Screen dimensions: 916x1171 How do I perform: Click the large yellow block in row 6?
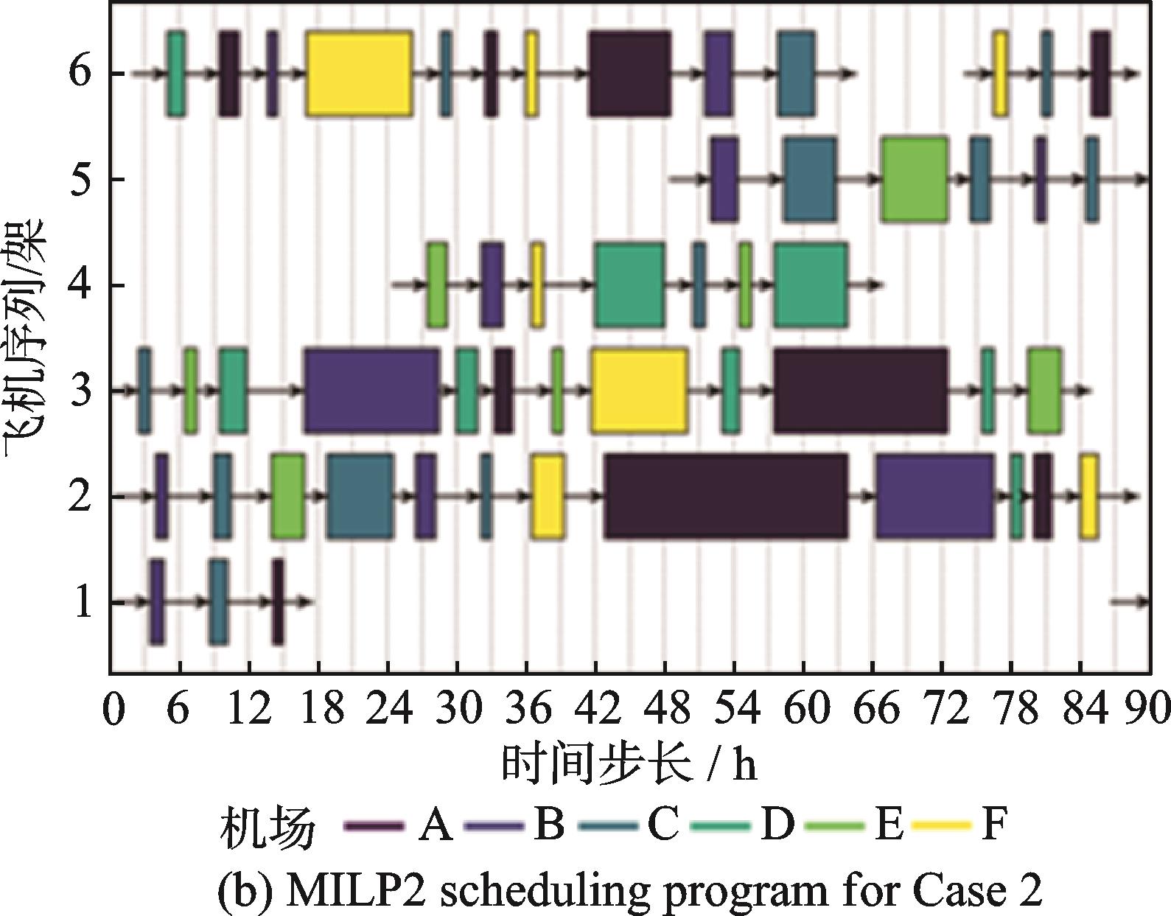(x=359, y=74)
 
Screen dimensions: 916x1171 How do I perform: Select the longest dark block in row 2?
(x=726, y=496)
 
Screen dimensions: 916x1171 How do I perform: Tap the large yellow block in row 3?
(x=639, y=390)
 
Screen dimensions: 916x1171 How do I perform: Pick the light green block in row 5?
(x=915, y=179)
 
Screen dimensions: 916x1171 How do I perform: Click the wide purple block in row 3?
(x=372, y=390)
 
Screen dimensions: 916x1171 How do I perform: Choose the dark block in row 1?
(x=277, y=602)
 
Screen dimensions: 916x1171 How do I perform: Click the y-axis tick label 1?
(x=81, y=604)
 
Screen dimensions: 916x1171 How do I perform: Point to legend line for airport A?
(x=374, y=825)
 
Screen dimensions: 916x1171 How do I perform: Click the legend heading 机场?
(x=267, y=827)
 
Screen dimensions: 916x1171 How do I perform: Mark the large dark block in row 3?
(x=861, y=390)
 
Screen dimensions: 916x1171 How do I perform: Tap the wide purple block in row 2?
(x=934, y=496)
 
